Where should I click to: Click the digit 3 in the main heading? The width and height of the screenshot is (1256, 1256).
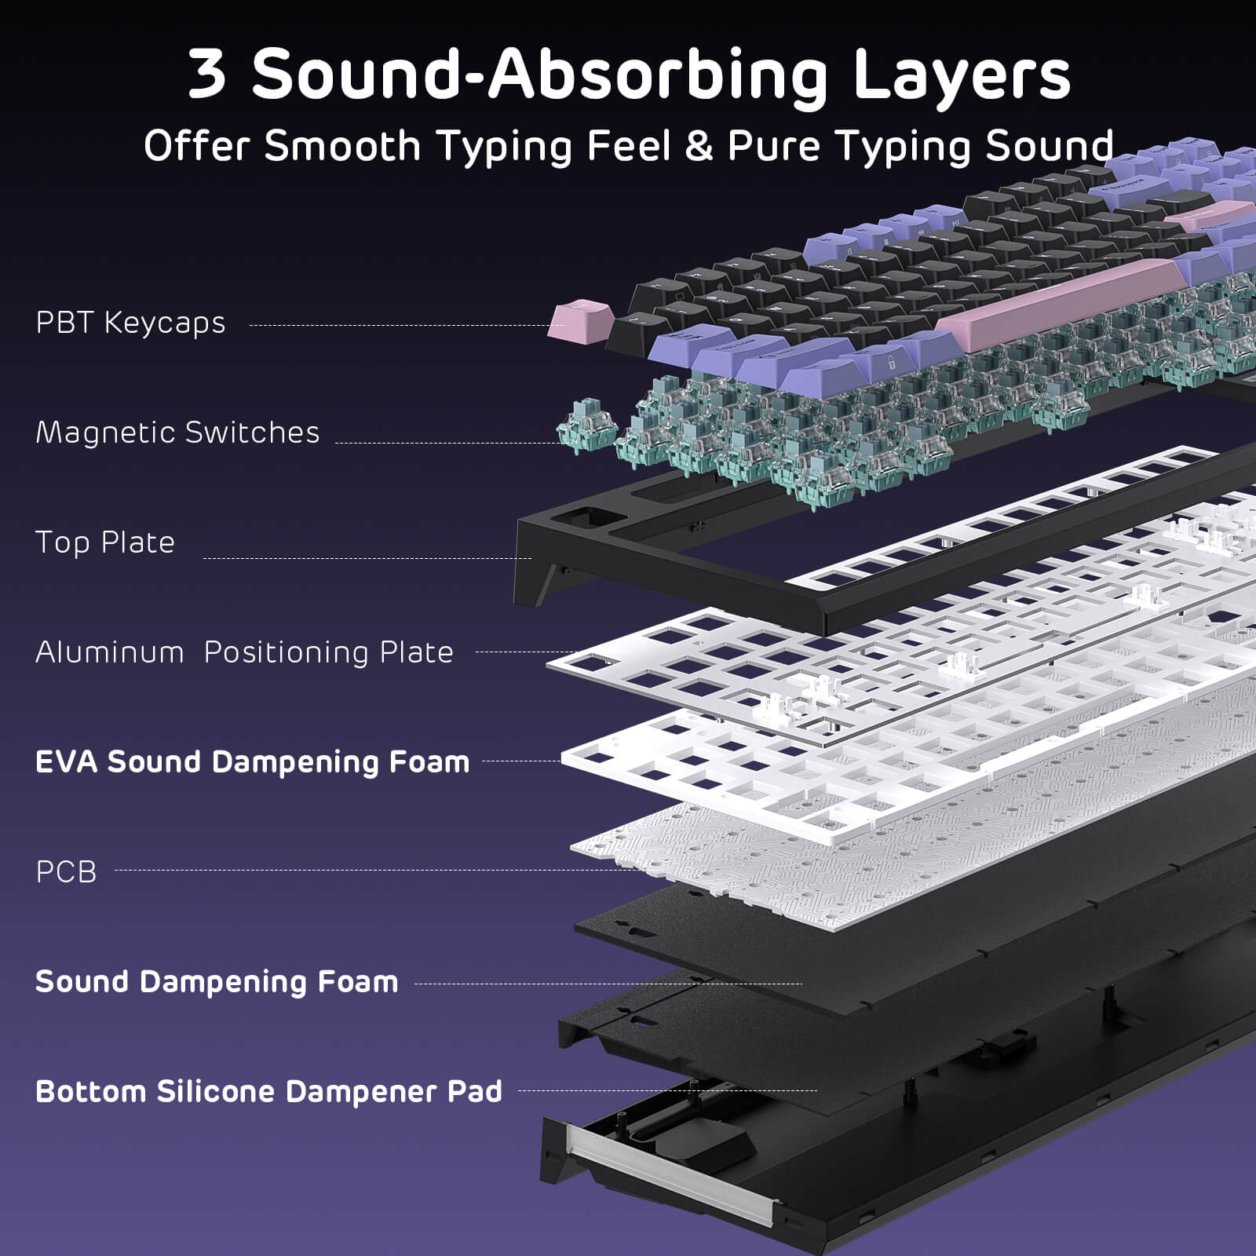coord(207,75)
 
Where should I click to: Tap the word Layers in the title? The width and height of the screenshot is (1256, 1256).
coord(962,75)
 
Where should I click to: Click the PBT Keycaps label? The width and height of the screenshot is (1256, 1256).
coord(130,323)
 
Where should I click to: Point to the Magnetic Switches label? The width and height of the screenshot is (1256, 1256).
coord(177,433)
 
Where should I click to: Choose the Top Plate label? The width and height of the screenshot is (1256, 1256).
coord(105,542)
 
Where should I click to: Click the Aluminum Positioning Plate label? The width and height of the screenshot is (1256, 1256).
coord(244,652)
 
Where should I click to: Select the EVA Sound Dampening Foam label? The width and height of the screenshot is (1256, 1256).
coord(252,761)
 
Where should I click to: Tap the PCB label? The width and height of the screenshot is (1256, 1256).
coord(66,871)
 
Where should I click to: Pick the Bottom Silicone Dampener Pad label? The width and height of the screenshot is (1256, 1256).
coord(268,1091)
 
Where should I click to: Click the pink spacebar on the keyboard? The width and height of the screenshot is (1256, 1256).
coord(1060,302)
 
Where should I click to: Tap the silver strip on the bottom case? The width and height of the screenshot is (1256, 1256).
coord(675,1170)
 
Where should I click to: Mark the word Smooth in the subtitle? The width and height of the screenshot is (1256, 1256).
coord(342,146)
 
